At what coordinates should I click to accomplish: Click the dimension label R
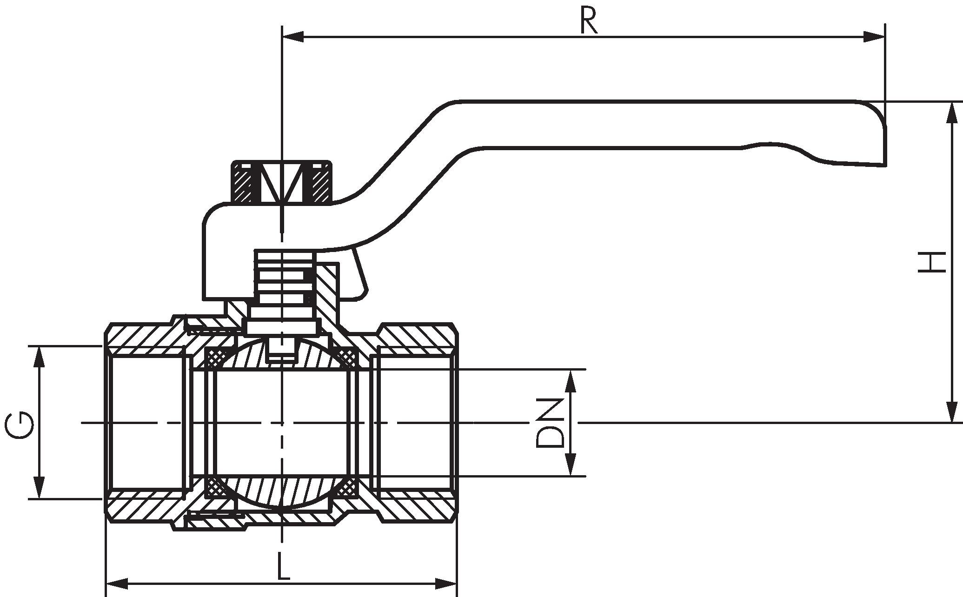pyautogui.click(x=589, y=21)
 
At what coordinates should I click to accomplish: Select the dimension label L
pyautogui.click(x=283, y=566)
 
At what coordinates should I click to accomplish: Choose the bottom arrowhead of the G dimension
pyautogui.click(x=40, y=488)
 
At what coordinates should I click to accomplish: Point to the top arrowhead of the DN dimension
pyautogui.click(x=571, y=380)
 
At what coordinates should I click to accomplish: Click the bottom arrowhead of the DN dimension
pyautogui.click(x=571, y=465)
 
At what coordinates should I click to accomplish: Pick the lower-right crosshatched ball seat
pyautogui.click(x=347, y=488)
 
